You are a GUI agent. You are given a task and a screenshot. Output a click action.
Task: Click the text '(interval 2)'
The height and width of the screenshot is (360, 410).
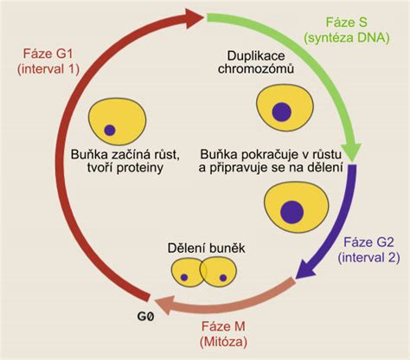pos(370,258)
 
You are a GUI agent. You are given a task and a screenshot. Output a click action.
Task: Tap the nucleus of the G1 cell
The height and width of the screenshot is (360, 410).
pos(111,131)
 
